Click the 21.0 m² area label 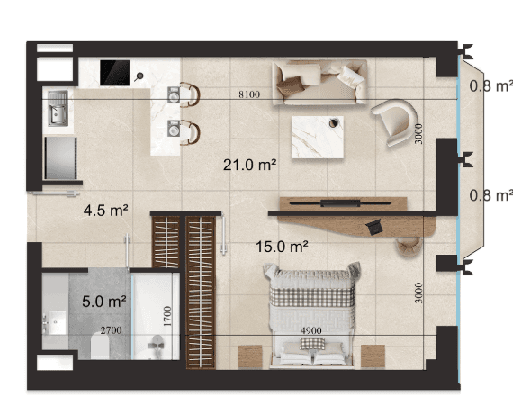pyautogui.click(x=249, y=165)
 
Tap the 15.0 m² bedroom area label pyautogui.click(x=282, y=247)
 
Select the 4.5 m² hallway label pyautogui.click(x=105, y=210)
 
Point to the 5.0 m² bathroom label pyautogui.click(x=104, y=301)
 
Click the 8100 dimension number pyautogui.click(x=249, y=94)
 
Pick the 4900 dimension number pyautogui.click(x=310, y=330)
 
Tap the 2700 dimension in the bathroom pyautogui.click(x=112, y=330)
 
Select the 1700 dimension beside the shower pyautogui.click(x=167, y=316)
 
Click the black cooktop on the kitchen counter pyautogui.click(x=114, y=73)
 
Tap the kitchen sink pyautogui.click(x=58, y=108)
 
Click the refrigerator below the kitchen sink pyautogui.click(x=60, y=158)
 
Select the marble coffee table pyautogui.click(x=318, y=137)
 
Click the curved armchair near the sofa pyautogui.click(x=395, y=121)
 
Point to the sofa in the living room pyautogui.click(x=319, y=82)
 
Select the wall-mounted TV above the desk pyautogui.click(x=340, y=203)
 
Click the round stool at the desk pyautogui.click(x=409, y=246)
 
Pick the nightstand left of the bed pyautogui.click(x=250, y=356)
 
